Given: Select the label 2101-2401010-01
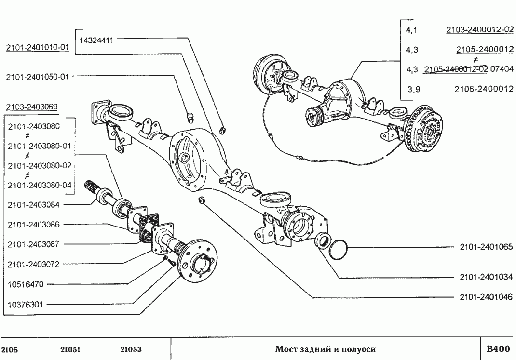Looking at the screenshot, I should [38, 48].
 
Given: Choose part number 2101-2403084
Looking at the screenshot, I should [33, 205].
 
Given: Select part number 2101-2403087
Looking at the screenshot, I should [33, 244].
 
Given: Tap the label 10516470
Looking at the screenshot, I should [26, 284].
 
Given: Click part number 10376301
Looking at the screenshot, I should [26, 304].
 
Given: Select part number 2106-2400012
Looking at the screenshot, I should [484, 89].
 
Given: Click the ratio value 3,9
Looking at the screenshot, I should [412, 89].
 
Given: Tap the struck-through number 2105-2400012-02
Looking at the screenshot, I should [456, 69].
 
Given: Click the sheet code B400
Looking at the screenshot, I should [497, 349].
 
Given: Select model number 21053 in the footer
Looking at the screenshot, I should [130, 349].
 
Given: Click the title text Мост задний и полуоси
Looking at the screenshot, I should [325, 349].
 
